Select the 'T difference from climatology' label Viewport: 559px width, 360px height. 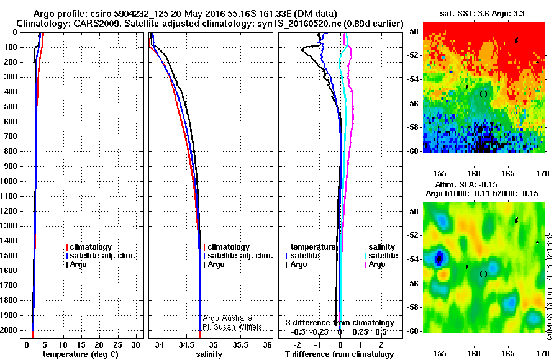pos(339,354)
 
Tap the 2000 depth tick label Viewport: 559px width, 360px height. pos(11,330)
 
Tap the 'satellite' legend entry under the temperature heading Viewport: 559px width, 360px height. pos(305,256)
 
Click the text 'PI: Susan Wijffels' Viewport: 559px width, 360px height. pos(232,326)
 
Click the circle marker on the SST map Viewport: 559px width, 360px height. pos(483,94)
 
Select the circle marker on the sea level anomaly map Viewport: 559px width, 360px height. pos(483,274)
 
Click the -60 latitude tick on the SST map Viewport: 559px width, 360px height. pos(413,151)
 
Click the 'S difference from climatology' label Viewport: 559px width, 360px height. pos(340,323)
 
